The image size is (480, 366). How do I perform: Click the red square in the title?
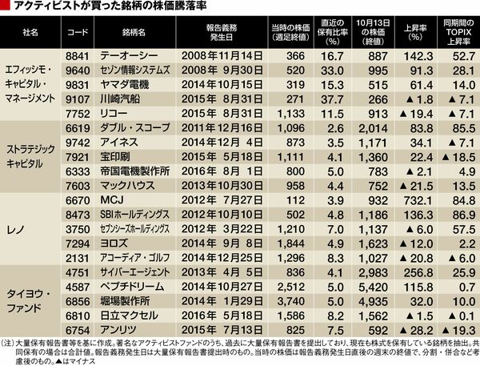pyautogui.click(x=7, y=7)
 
